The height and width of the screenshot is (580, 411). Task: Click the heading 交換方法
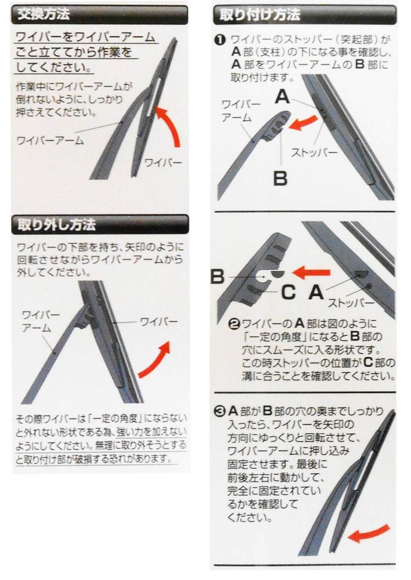pos(44,14)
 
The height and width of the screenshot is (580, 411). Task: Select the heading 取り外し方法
pos(57,224)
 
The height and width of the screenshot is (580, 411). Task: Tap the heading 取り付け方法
pos(259,15)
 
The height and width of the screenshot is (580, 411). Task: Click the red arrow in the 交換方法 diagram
pos(169,125)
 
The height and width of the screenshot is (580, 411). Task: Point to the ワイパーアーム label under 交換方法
pos(51,140)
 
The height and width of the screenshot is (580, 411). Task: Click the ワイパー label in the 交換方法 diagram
pos(163,162)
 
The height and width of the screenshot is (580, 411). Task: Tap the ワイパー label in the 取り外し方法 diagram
pos(159,321)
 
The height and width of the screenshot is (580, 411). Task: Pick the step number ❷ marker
pos(235,324)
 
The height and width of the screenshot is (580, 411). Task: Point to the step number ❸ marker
pos(221,411)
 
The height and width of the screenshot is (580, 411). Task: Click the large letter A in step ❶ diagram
pos(282,97)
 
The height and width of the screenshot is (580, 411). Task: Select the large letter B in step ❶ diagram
pos(280,178)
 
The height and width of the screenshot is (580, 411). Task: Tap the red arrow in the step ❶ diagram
pos(302,122)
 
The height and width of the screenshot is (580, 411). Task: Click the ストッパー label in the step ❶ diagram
pos(314,153)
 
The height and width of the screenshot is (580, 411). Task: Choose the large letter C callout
pos(289,292)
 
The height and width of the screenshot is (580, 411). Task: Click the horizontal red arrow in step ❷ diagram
pos(311,272)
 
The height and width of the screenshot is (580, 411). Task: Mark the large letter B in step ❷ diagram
pos(218,277)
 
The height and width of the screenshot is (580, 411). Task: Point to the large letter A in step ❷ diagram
pos(316,292)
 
